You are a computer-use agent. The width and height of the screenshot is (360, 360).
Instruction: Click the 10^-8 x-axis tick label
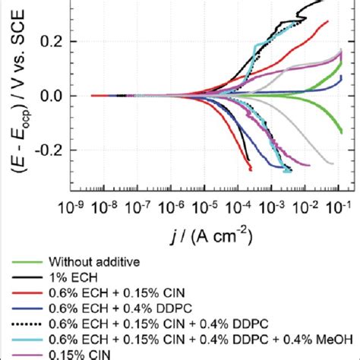(x=104, y=207)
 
